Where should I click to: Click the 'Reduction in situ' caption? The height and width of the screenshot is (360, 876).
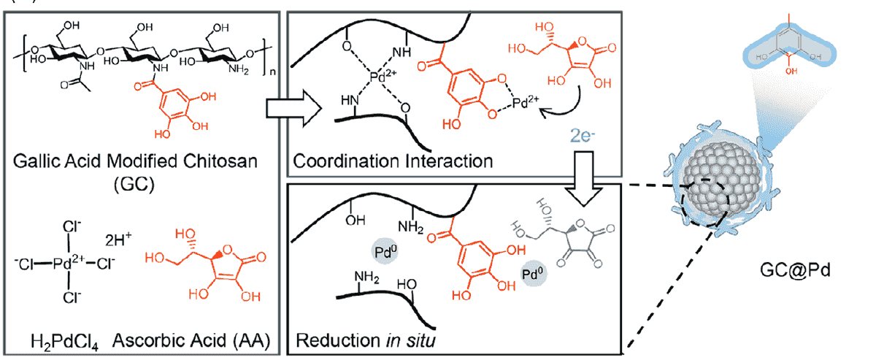point(357,340)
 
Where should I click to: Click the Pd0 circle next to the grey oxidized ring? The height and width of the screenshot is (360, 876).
point(532,275)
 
